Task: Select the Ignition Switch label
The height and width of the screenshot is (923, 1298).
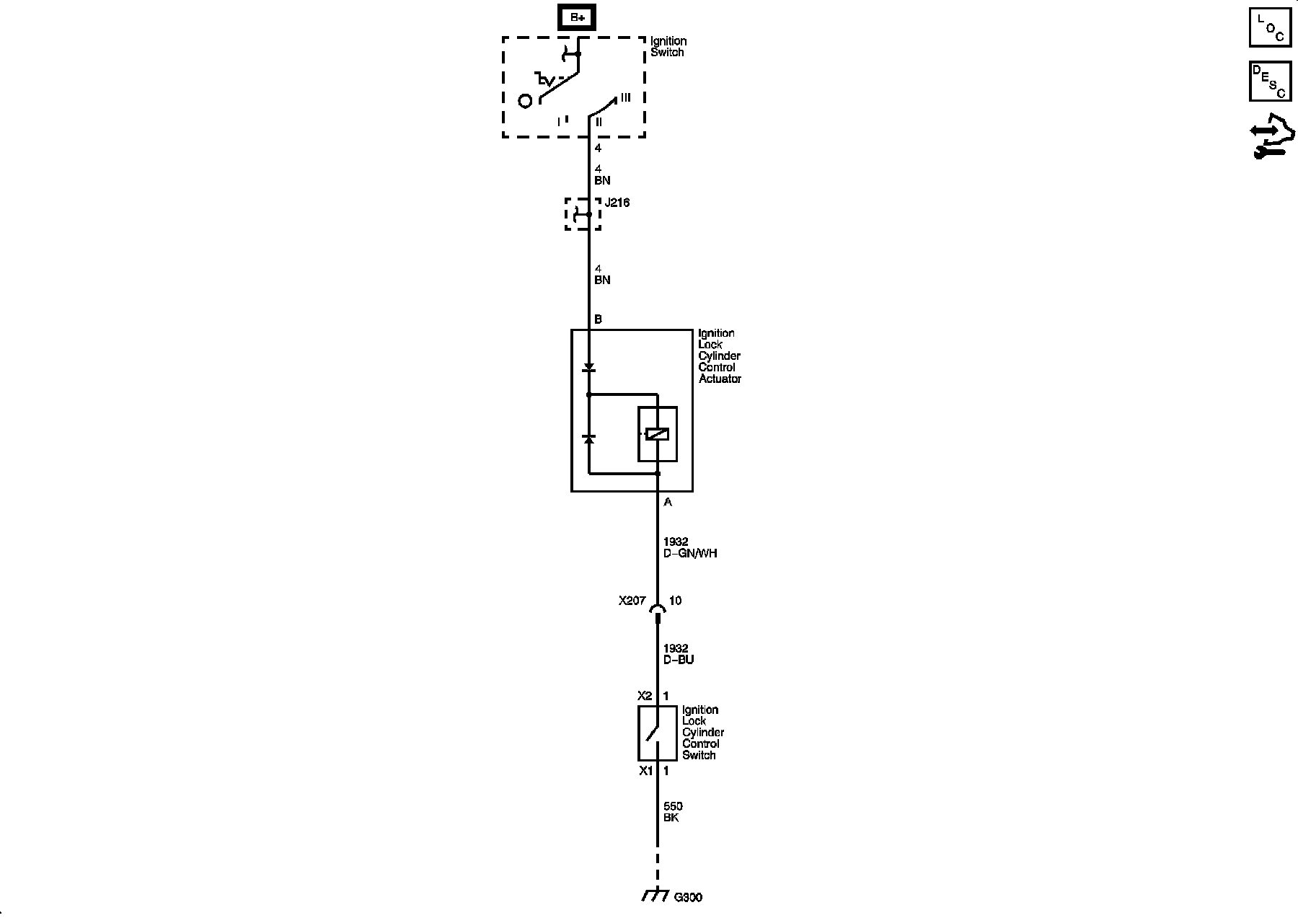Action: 668,47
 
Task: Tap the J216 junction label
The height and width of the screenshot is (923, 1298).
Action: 617,203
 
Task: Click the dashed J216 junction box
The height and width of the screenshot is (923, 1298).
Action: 582,214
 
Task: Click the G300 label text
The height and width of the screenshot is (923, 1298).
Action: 688,898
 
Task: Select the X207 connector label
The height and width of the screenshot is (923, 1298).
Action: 632,600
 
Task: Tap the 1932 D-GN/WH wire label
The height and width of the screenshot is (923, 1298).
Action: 690,548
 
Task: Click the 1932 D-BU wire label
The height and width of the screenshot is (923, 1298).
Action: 679,654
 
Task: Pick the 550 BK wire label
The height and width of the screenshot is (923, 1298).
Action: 674,812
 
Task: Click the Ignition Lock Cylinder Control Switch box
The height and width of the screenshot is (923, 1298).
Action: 657,733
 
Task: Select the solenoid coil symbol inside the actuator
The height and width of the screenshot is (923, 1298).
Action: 657,434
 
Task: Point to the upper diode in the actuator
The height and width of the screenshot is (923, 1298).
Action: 588,368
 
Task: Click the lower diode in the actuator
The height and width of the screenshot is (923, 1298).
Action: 588,438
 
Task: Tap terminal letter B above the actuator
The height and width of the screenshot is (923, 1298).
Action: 598,319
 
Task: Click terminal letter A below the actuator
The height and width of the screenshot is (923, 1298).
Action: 668,502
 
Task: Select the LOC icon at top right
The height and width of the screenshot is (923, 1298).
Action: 1270,27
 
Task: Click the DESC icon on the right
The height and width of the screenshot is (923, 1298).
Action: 1270,81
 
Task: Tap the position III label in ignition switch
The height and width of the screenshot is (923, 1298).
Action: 625,97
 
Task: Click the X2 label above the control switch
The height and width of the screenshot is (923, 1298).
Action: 645,696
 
